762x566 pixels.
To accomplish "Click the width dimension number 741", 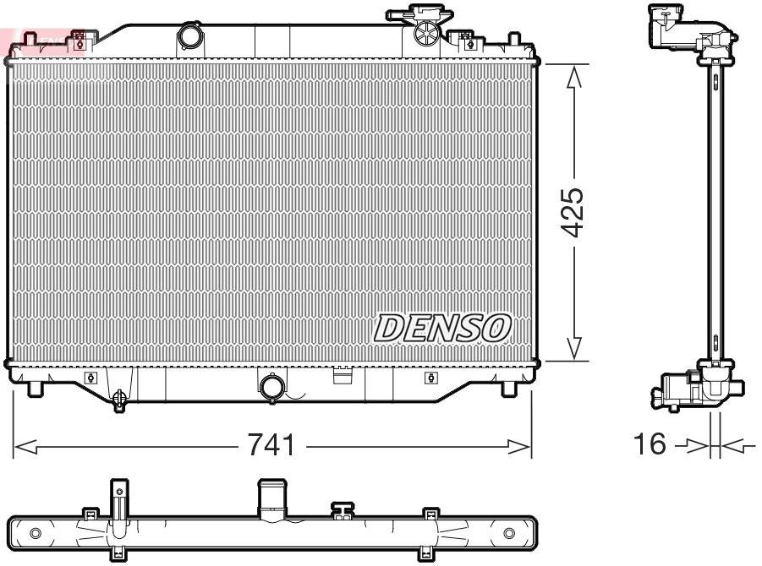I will pos(272,445).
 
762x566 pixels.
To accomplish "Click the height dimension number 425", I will pos(573,211).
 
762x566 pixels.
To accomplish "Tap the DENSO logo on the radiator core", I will pos(443,328).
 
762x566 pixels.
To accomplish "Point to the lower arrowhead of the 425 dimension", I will pos(573,348).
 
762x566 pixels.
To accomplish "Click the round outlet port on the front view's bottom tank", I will pos(272,387).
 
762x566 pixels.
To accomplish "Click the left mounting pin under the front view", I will pos(35,389).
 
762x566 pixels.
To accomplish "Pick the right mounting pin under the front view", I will pos(508,389).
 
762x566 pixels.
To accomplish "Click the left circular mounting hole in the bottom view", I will pos(35,533).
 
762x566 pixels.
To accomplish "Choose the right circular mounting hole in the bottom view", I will pos(508,533).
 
